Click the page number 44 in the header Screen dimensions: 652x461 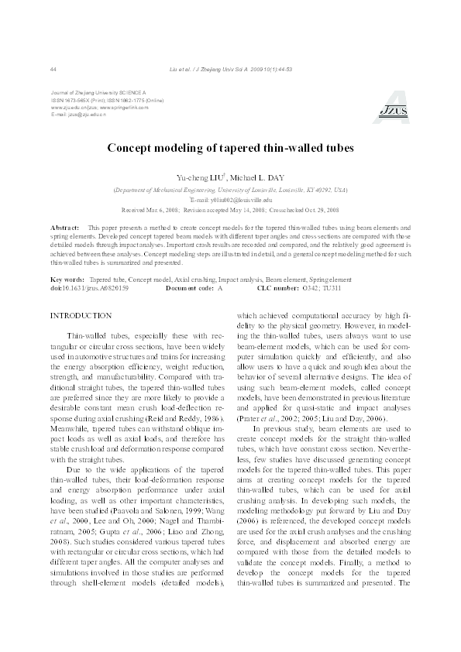pos(53,70)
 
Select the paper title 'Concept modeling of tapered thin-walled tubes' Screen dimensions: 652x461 pos(230,147)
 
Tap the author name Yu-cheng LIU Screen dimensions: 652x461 pos(198,177)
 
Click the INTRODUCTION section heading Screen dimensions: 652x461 pos(81,316)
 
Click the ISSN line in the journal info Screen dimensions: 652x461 pos(106,101)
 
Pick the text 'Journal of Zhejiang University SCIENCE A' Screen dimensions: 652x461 pos(98,94)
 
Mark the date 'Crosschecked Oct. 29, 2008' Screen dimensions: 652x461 pos(298,209)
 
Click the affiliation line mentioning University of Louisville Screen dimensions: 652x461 pos(230,189)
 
